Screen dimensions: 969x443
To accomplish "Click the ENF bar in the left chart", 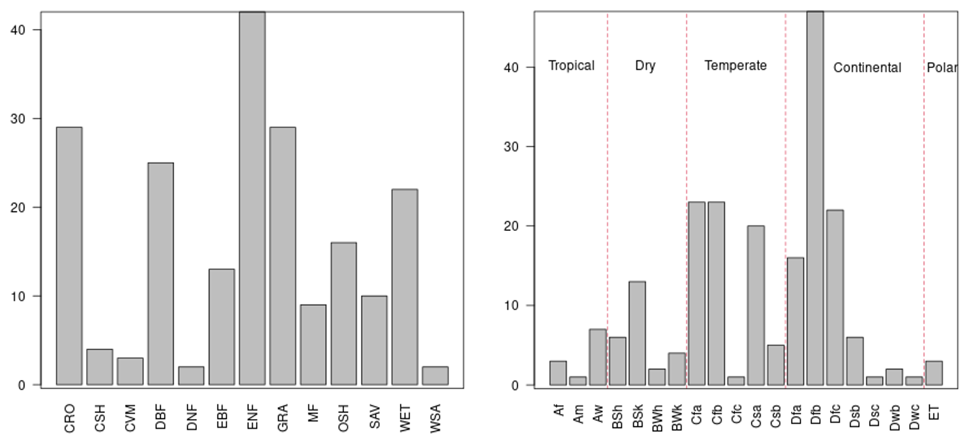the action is (x=252, y=198).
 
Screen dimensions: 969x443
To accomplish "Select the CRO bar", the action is (x=69, y=256).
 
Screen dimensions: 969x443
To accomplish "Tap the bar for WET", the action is (x=405, y=287).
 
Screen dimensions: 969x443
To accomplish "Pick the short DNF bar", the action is (x=191, y=376).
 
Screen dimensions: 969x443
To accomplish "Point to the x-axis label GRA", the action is (x=282, y=418).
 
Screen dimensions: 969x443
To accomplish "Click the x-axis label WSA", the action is (x=435, y=418).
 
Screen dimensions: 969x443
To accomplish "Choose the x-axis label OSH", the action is (x=343, y=418).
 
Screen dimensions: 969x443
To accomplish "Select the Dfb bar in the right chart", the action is (x=815, y=198).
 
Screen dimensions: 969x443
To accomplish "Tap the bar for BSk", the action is (x=637, y=334).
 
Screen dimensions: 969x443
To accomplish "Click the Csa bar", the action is (x=756, y=305).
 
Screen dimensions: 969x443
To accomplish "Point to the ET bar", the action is (x=934, y=373).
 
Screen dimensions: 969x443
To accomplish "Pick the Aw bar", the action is (x=597, y=357).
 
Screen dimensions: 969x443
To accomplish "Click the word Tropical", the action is (x=572, y=65).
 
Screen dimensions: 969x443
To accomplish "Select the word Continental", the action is (x=867, y=67).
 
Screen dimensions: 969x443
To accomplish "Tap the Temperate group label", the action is (x=736, y=66).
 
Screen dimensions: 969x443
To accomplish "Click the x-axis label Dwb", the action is (x=895, y=418).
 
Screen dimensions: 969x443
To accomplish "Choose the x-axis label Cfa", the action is (x=697, y=417).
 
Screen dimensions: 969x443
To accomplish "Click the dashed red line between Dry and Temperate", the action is (x=687, y=200).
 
